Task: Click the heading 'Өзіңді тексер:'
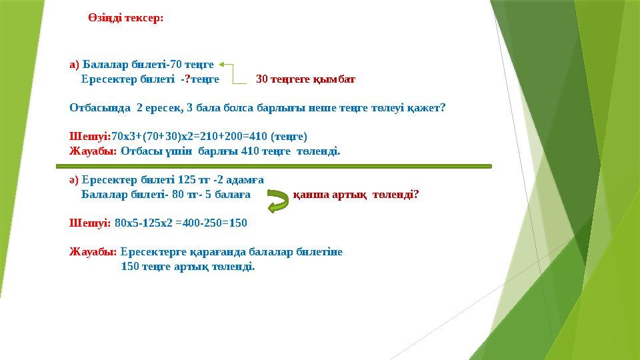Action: pyautogui.click(x=125, y=18)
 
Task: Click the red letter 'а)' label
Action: pyautogui.click(x=74, y=65)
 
